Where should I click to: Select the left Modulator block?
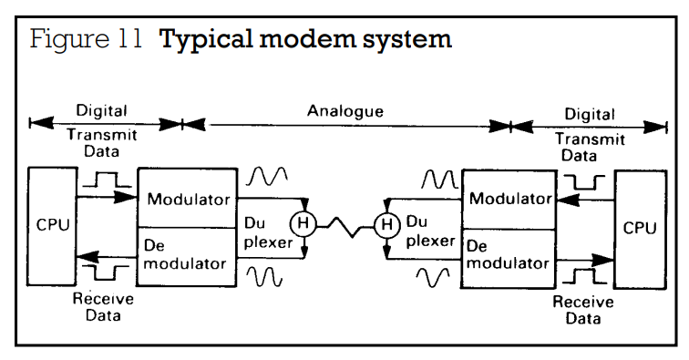(x=188, y=198)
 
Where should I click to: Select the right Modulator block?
(x=509, y=200)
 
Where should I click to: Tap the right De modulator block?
(x=509, y=259)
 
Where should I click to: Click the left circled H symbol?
(x=303, y=223)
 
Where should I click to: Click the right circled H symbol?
(x=386, y=225)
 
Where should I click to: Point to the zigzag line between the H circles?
(x=344, y=227)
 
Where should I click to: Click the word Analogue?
(x=344, y=111)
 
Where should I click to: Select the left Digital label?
(x=101, y=110)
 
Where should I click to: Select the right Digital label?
(x=590, y=114)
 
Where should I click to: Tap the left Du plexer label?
(x=268, y=233)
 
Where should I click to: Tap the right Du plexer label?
(x=430, y=231)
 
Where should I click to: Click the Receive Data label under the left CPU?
(x=103, y=307)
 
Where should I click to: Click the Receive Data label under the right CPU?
(x=583, y=310)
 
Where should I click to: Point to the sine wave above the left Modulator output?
(x=267, y=176)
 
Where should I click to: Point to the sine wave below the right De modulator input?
(x=433, y=277)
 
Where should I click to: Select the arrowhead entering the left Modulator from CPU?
(x=125, y=198)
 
